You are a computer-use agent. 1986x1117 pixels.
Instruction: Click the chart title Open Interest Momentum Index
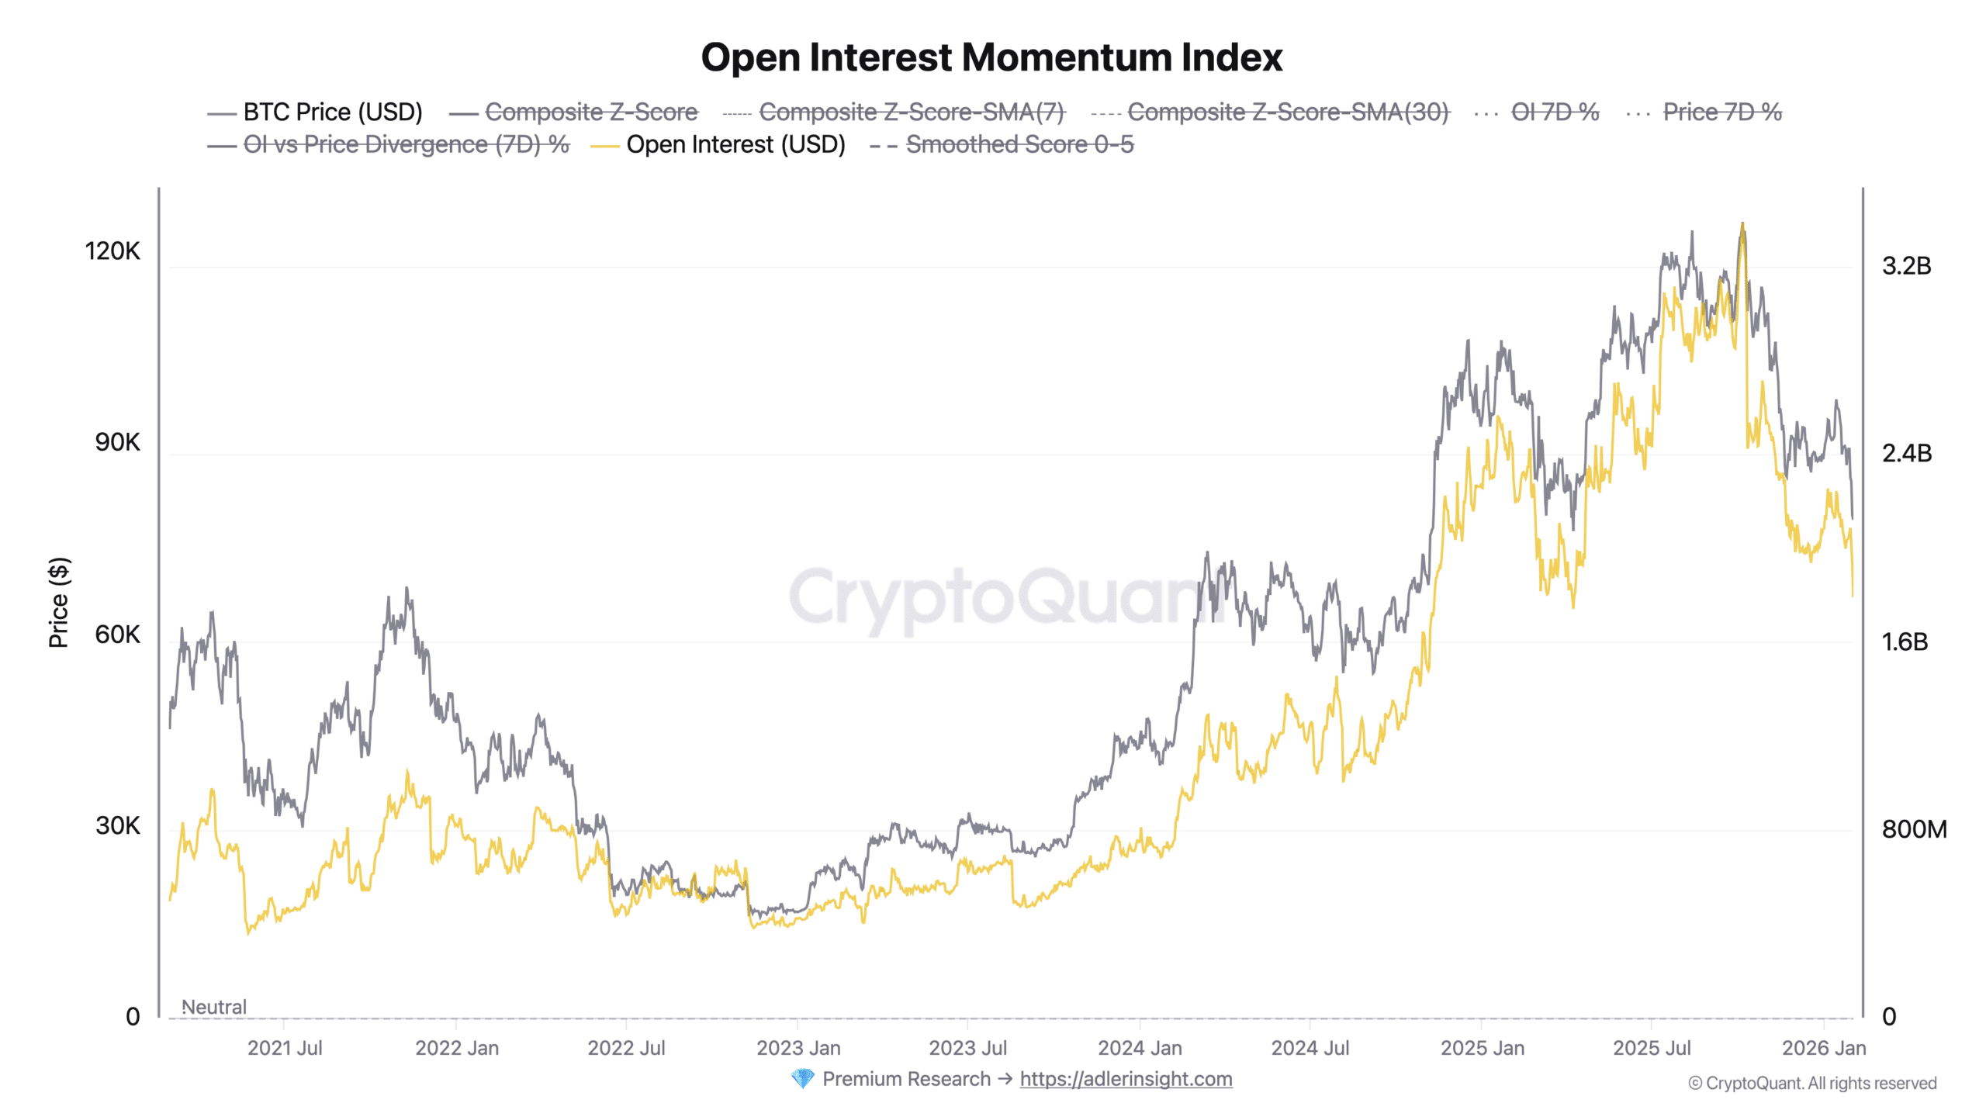coord(991,57)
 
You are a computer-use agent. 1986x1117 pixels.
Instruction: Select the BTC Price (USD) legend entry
coord(332,112)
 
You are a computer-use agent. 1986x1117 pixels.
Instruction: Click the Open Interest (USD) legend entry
coord(735,145)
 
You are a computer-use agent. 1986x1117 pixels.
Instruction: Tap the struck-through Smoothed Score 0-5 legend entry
coord(1019,145)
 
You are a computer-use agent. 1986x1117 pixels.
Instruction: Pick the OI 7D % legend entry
coord(1554,112)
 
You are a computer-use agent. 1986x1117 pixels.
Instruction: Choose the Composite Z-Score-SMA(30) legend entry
coord(1287,112)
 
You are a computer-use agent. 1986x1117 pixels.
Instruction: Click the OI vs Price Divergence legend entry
coord(406,145)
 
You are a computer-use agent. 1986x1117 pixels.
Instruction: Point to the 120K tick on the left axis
coord(112,251)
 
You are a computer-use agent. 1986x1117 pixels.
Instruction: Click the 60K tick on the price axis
coord(117,634)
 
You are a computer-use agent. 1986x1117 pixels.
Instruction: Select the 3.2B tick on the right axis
coord(1906,266)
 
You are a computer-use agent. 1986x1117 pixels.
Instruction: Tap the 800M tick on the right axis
coord(1914,829)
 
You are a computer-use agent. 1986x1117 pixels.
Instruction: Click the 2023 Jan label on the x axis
coord(798,1048)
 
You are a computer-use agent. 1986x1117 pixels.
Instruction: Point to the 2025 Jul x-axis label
coord(1652,1048)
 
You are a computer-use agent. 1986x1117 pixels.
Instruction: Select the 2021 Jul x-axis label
coord(285,1048)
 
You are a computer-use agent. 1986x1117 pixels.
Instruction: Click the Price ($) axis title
coord(59,602)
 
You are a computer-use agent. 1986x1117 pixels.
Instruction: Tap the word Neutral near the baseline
coord(213,1007)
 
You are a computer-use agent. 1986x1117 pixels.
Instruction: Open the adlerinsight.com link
coord(1126,1079)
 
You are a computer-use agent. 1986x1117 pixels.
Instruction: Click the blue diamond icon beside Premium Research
coord(802,1079)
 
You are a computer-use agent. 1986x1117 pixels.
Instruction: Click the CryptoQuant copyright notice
coord(1812,1083)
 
